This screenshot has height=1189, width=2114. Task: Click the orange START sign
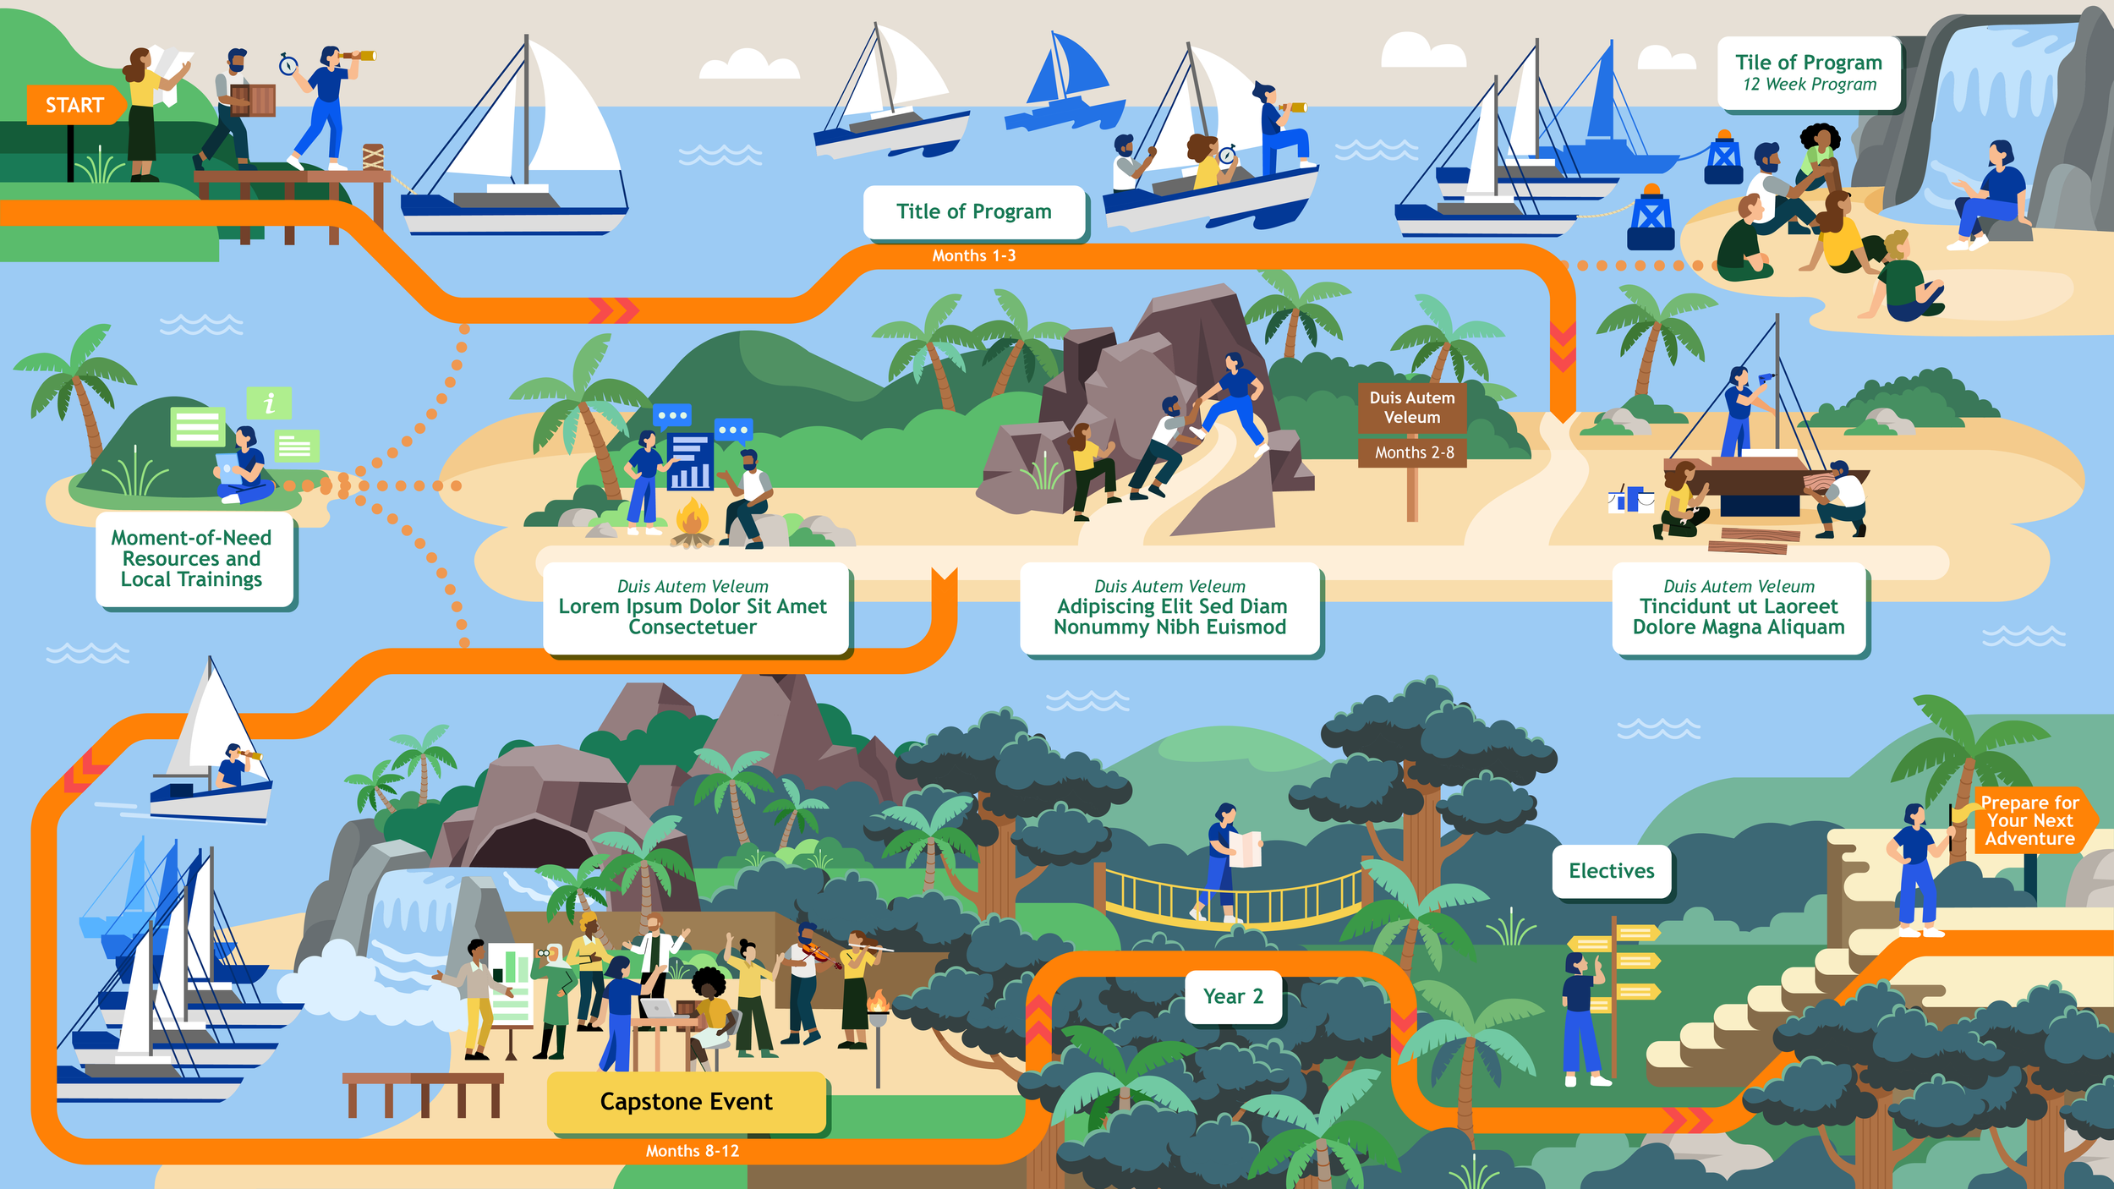[x=74, y=105]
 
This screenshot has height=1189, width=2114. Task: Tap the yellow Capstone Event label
[x=686, y=1101]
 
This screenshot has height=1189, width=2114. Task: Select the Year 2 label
[x=1233, y=996]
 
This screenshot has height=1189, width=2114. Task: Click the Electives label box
[x=1611, y=871]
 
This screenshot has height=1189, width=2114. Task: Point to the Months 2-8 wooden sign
[x=1413, y=452]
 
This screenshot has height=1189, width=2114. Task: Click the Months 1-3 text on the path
[x=973, y=255]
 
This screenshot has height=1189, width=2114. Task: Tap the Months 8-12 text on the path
[x=692, y=1151]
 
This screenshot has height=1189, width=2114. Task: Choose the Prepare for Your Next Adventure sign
[x=2029, y=820]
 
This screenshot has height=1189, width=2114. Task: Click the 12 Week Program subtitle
[x=1809, y=85]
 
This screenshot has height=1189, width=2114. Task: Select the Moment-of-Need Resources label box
[x=192, y=558]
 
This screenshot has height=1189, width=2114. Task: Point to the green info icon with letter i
[x=269, y=403]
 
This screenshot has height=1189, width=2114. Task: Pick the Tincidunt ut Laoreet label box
[x=1739, y=609]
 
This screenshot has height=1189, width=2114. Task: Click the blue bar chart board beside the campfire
[x=689, y=462]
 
